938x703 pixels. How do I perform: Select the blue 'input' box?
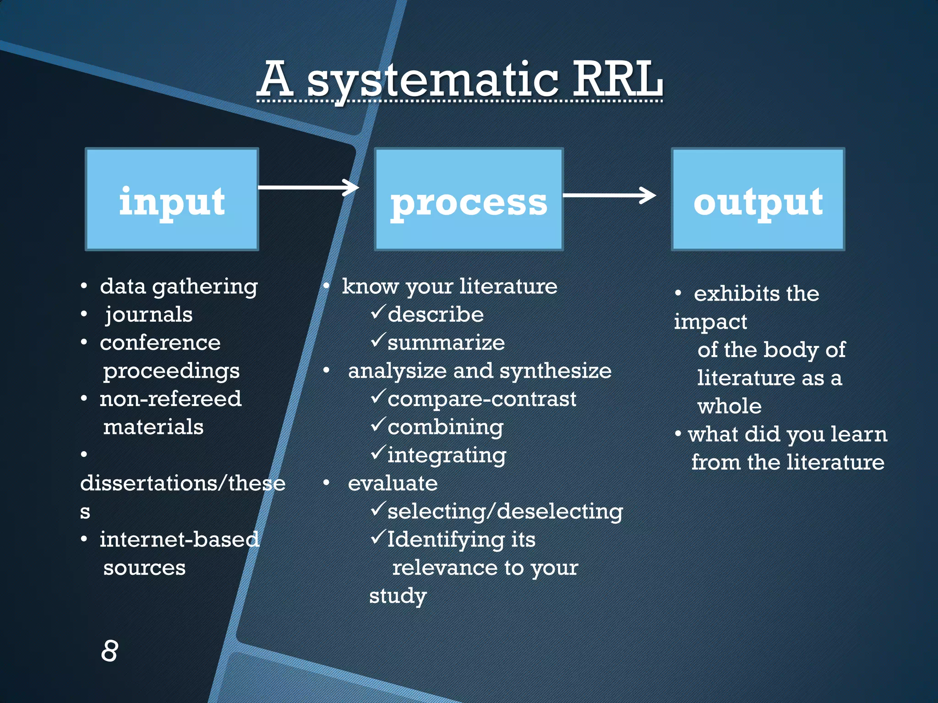point(172,199)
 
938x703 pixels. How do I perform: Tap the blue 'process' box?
point(469,199)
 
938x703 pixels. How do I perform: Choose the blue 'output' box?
point(758,199)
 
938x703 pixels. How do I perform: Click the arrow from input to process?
point(308,187)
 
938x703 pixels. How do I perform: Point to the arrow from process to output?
point(609,195)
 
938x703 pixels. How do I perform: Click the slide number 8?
point(109,650)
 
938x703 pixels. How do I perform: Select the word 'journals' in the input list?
point(149,314)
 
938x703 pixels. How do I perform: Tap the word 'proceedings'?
point(171,371)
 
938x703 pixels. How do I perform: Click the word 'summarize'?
point(446,343)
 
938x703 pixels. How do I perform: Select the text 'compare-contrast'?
point(482,399)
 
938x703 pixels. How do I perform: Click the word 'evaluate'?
point(393,483)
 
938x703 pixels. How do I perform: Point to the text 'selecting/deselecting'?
point(505,511)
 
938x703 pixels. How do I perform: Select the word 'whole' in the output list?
point(729,406)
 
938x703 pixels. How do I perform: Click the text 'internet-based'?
point(179,540)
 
